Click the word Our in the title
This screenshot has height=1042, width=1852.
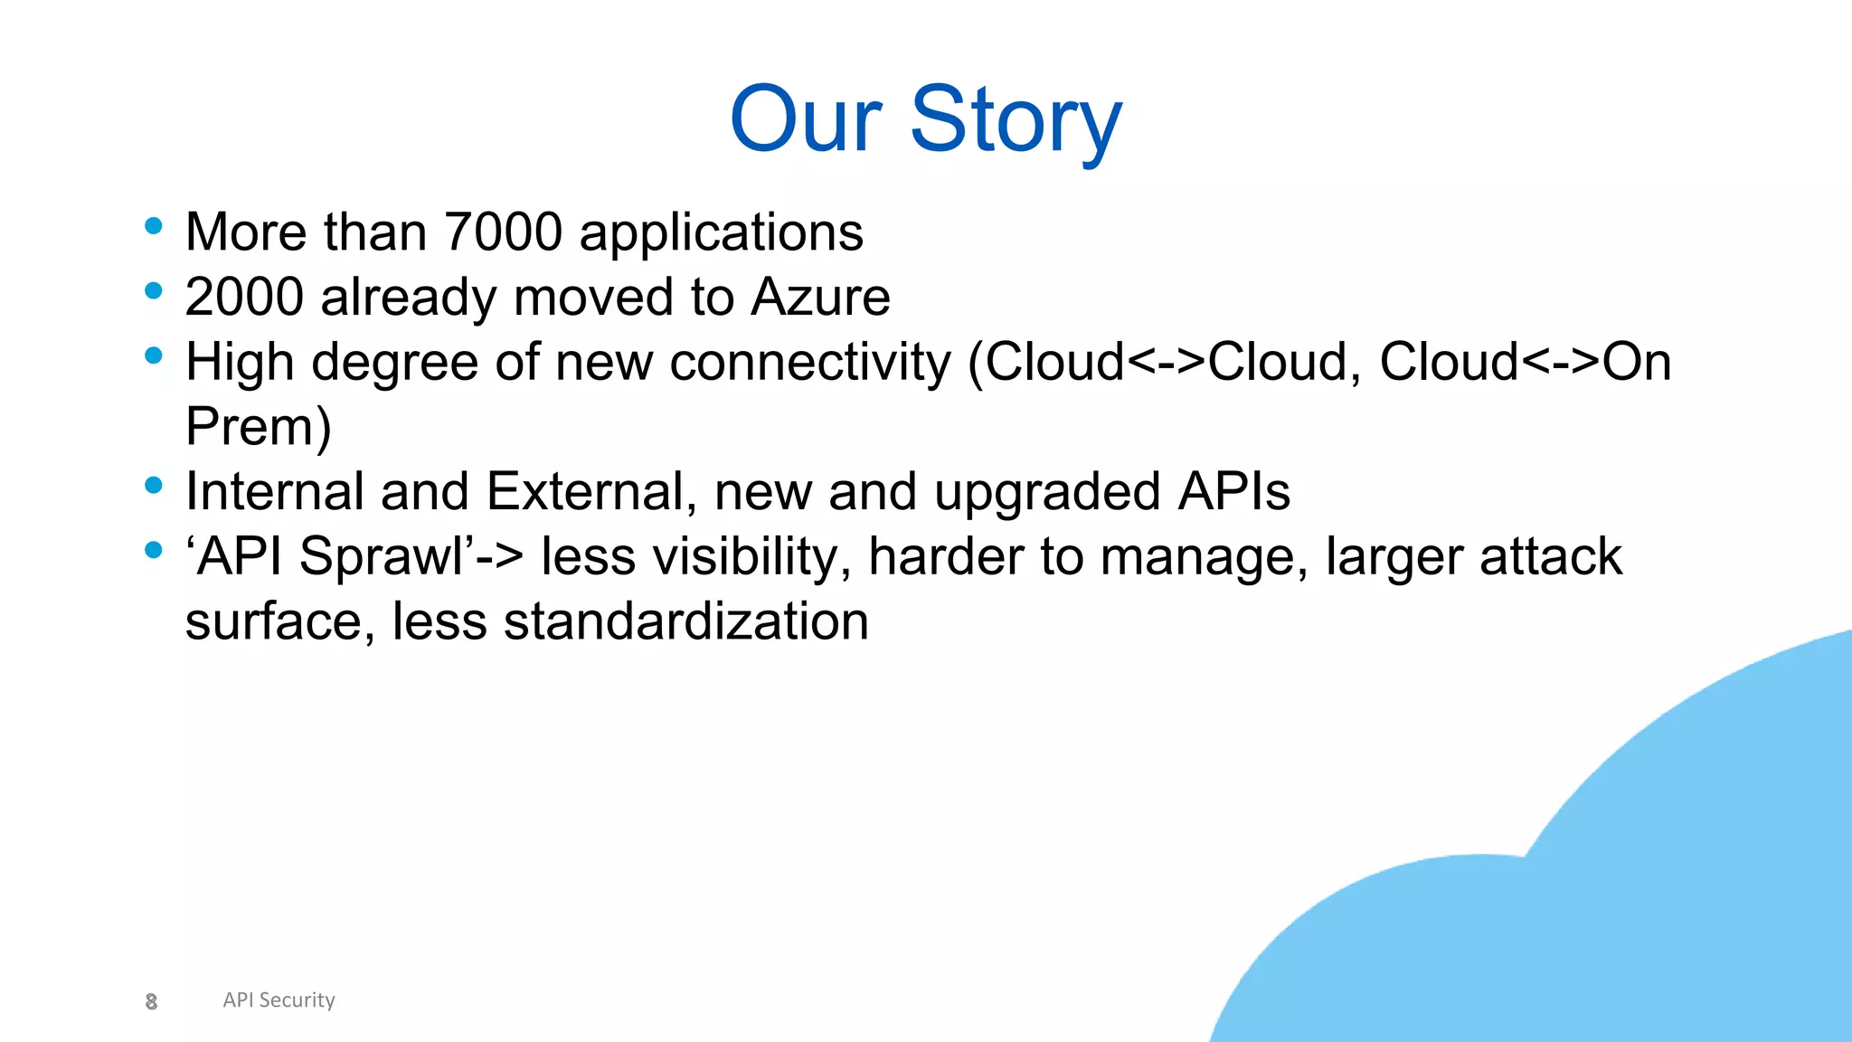pyautogui.click(x=805, y=120)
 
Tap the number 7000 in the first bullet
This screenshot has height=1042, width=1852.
pyautogui.click(x=503, y=232)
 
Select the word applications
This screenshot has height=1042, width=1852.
pyautogui.click(x=721, y=233)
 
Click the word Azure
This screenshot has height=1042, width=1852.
pyautogui.click(x=820, y=297)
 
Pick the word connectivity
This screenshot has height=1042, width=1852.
pyautogui.click(x=810, y=362)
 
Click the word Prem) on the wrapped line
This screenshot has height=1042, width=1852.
pyautogui.click(x=259, y=426)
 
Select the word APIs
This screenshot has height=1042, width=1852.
pyautogui.click(x=1233, y=491)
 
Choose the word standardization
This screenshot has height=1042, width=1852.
pyautogui.click(x=685, y=621)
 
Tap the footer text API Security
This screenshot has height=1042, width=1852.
pyautogui.click(x=279, y=999)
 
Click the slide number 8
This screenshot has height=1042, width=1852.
pyautogui.click(x=151, y=1001)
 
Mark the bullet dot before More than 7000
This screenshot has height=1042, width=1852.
pyautogui.click(x=154, y=225)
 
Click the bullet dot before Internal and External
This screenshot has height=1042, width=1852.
pyautogui.click(x=154, y=486)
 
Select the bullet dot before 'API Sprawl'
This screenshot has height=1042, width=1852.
pyautogui.click(x=154, y=550)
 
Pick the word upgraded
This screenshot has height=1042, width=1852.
pyautogui.click(x=1046, y=493)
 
